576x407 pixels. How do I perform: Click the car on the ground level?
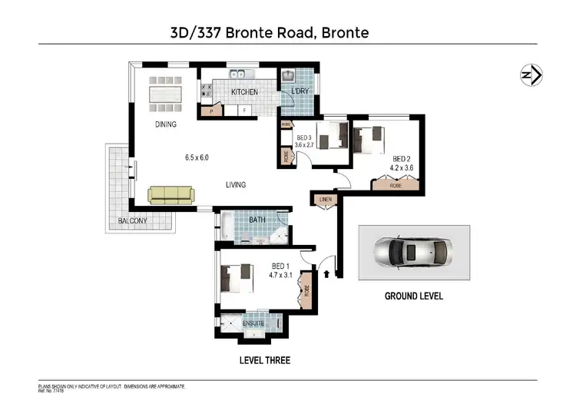click(413, 252)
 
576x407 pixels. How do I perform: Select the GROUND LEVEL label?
click(413, 296)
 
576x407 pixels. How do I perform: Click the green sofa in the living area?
click(172, 196)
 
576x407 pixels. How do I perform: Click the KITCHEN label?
click(245, 92)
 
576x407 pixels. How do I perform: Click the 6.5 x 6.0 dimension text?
click(197, 157)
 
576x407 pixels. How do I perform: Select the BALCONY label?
click(132, 221)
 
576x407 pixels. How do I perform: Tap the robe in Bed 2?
click(396, 185)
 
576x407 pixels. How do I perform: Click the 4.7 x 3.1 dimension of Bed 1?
click(282, 274)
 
